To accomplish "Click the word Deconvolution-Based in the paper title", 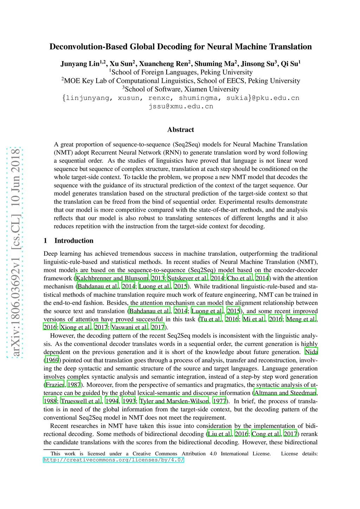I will tap(89, 47).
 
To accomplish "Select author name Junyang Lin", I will tap(80, 64).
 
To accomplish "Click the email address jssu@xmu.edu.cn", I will tap(181, 106).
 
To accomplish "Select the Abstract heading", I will tap(181, 130).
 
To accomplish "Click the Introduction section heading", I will tap(74, 241).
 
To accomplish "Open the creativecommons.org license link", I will tap(114, 460).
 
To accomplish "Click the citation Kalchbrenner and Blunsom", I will tap(112, 278).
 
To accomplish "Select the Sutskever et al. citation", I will tap(187, 278).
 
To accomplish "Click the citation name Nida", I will tap(311, 352).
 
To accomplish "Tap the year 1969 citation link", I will tap(52, 360).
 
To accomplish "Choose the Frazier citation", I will tap(55, 385).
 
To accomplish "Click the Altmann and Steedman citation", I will tap(285, 393).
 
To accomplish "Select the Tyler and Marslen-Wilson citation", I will tap(174, 401).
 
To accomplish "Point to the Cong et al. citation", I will tap(266, 434).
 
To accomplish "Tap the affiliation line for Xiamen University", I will tap(181, 89).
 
